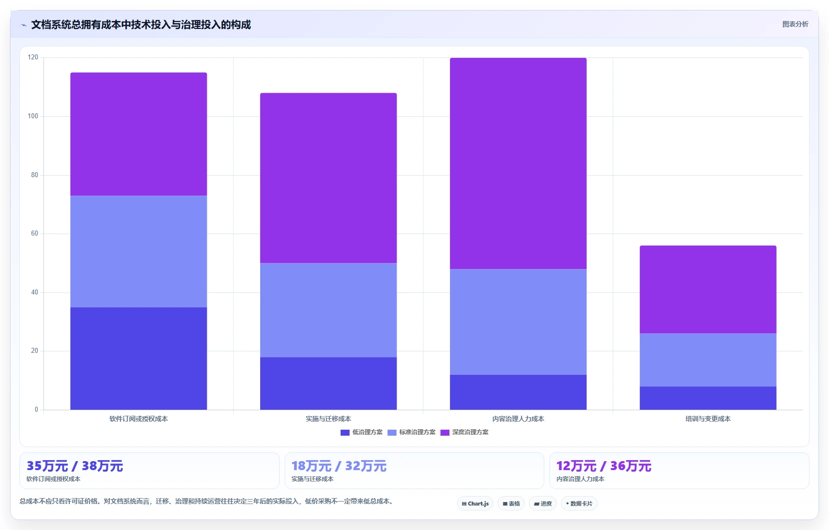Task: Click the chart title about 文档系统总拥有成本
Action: [141, 25]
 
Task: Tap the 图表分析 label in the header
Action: [795, 24]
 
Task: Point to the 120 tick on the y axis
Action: [33, 57]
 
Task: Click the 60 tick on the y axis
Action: [34, 234]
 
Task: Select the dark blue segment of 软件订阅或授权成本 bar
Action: [138, 358]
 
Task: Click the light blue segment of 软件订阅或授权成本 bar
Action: [138, 252]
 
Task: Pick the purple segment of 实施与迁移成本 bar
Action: [328, 178]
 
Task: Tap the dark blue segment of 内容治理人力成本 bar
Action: [518, 392]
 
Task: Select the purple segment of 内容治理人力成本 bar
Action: [518, 164]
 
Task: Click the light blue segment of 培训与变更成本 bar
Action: [708, 360]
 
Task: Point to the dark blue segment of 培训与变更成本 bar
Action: [708, 398]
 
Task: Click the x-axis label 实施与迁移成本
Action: [328, 419]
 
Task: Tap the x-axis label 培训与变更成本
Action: [708, 419]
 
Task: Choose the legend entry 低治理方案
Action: [362, 432]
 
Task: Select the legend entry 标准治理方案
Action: [412, 432]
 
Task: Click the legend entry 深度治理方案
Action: [464, 432]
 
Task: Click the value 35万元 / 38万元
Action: [75, 466]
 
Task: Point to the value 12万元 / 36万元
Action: [604, 466]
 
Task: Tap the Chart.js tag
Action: [475, 504]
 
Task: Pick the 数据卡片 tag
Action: [579, 504]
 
